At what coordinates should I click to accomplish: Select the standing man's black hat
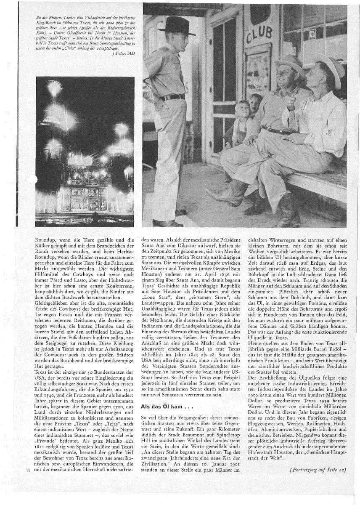point(179,27)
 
